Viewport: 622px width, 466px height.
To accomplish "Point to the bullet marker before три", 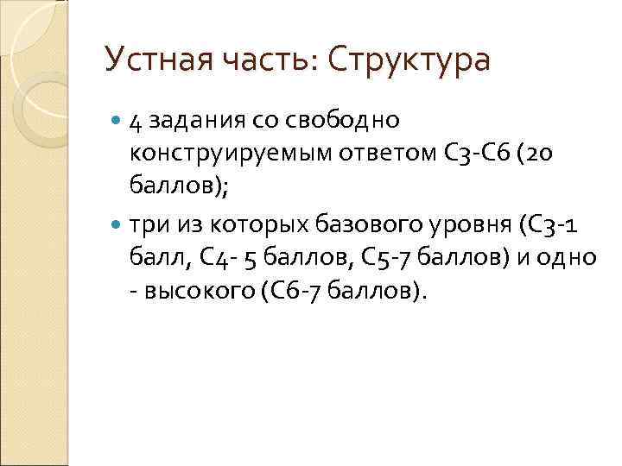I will coord(117,225).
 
